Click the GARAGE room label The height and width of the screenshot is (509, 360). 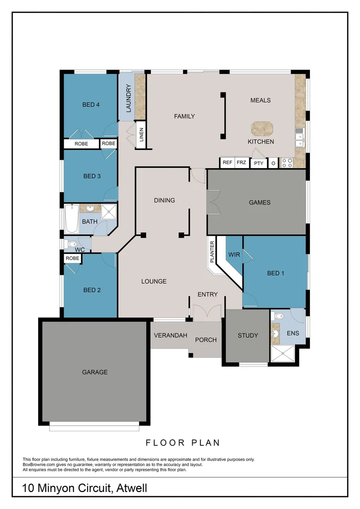[95, 372]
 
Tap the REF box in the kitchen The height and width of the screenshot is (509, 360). [228, 163]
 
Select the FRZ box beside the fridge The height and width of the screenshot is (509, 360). [242, 163]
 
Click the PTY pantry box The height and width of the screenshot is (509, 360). [258, 163]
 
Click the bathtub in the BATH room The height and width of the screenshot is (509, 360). [71, 219]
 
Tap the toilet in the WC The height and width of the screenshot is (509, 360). [71, 244]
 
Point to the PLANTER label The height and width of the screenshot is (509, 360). [213, 252]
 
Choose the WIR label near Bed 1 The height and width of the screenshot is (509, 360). [234, 254]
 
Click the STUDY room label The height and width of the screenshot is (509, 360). [247, 336]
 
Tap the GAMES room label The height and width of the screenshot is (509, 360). [260, 202]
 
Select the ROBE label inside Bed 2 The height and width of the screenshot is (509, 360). [72, 258]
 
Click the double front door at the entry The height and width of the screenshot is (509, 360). [207, 312]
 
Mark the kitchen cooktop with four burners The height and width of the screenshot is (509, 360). [287, 163]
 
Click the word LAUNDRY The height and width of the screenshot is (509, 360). [128, 98]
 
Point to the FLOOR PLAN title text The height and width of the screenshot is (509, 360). [183, 443]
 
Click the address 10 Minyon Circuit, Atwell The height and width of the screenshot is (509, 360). [85, 488]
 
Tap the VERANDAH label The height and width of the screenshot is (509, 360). [170, 336]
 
